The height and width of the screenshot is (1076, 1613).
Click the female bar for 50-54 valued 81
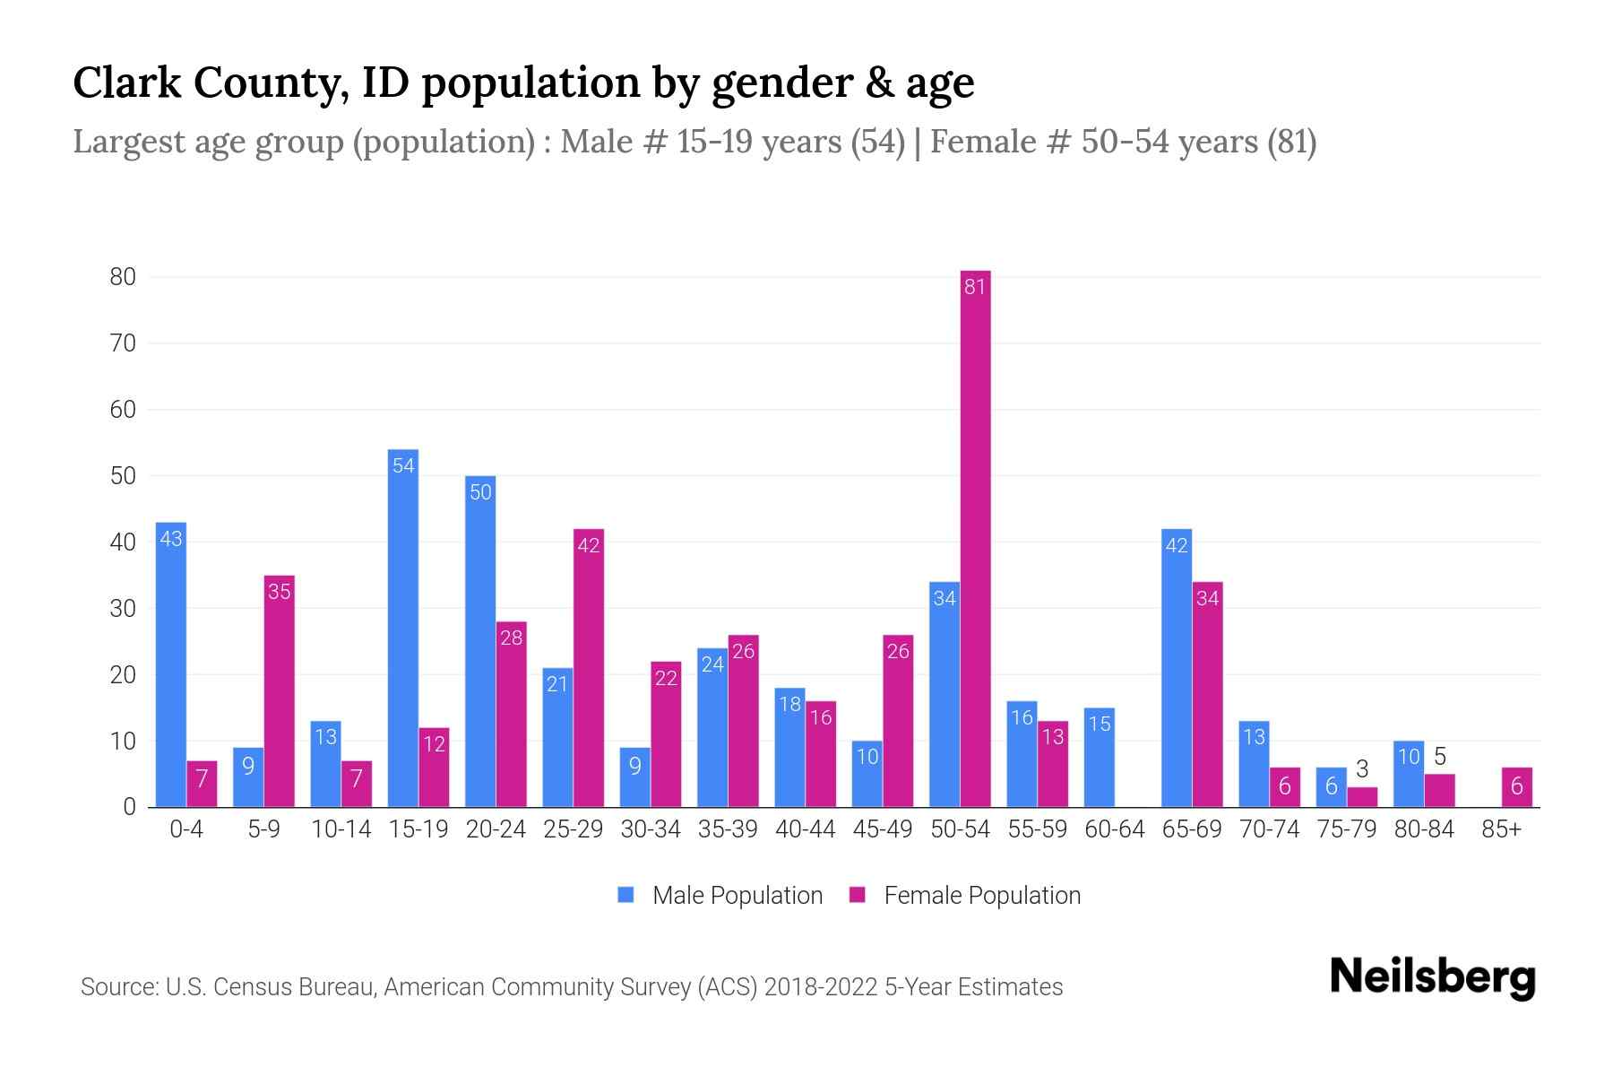click(x=975, y=538)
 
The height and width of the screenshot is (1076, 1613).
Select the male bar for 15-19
click(x=402, y=628)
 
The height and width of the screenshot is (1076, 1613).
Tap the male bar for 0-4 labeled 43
click(x=170, y=664)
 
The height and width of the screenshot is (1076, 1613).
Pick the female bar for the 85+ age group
click(x=1516, y=787)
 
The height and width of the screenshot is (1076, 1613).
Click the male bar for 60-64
click(x=1099, y=758)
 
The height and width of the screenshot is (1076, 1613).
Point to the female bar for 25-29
click(x=588, y=668)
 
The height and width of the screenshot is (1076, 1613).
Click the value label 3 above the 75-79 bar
click(x=1362, y=769)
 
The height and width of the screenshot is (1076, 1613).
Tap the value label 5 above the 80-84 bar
click(x=1440, y=756)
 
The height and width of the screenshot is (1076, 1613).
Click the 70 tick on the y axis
click(x=123, y=343)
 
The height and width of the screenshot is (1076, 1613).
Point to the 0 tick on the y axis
click(x=129, y=807)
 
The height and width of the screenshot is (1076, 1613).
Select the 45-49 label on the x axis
click(x=882, y=829)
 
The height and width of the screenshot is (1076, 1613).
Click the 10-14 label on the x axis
click(x=341, y=829)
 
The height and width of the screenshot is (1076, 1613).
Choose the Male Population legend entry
click(x=737, y=896)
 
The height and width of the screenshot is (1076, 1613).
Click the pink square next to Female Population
click(x=858, y=895)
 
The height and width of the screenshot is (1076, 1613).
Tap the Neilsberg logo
click(x=1432, y=977)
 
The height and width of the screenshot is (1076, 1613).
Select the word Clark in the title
click(x=124, y=82)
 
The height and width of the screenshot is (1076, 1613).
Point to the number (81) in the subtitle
click(x=1291, y=142)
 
